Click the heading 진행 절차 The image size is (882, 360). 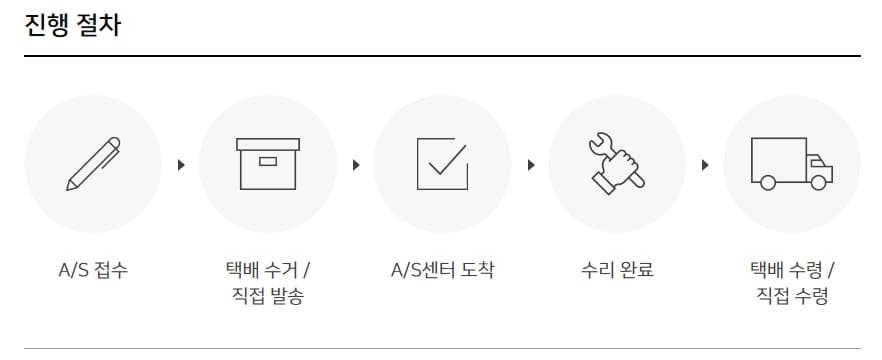tap(72, 25)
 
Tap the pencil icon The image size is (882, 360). tap(93, 164)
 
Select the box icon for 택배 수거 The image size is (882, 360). tap(268, 164)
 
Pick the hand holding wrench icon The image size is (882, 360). tap(616, 163)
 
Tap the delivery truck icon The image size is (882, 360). tap(791, 164)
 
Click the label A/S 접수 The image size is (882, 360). tap(93, 270)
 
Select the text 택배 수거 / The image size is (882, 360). tap(268, 270)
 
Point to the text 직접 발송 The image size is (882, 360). tap(268, 296)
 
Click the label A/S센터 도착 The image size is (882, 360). tap(442, 270)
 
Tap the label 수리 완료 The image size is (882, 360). tap(616, 270)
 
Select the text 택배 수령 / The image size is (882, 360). tap(791, 270)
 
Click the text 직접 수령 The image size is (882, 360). tap(791, 296)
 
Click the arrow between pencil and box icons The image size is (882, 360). tap(181, 164)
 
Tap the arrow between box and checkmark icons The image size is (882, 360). tap(355, 164)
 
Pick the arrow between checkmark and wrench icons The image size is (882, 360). tap(530, 164)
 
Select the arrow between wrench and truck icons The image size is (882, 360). tap(704, 164)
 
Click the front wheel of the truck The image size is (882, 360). tap(819, 182)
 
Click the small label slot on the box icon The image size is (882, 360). tap(268, 161)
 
